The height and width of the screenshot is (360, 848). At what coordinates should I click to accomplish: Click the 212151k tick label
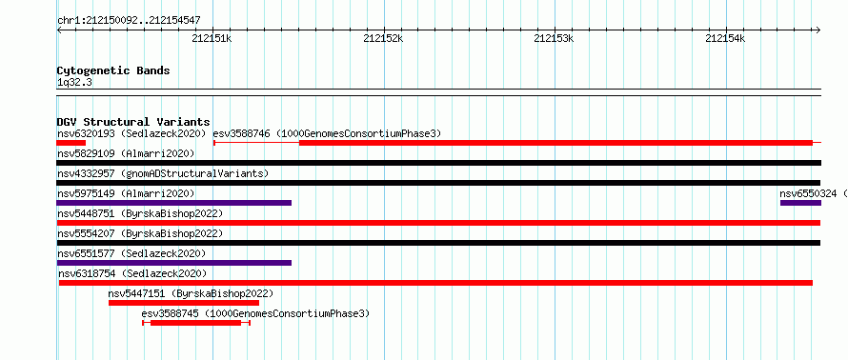point(212,38)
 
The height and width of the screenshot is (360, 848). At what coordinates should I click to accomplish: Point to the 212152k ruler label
point(383,38)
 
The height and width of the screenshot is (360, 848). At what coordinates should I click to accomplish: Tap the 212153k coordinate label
point(554,38)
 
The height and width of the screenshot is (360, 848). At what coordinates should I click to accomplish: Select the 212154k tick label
point(725,38)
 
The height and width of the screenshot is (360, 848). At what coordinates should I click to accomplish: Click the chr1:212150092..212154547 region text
point(129,21)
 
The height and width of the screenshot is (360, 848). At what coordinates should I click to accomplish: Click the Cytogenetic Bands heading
point(113,70)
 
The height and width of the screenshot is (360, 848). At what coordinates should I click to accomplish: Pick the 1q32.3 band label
point(74,82)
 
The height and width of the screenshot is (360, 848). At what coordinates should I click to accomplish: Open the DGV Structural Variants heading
point(133,122)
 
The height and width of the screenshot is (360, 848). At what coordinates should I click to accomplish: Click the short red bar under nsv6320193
point(71,143)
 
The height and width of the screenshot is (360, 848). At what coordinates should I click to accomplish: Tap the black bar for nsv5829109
point(438,163)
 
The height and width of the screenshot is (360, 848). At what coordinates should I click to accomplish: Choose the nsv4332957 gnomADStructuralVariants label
point(163,173)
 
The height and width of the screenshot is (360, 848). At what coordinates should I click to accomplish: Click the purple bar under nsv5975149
point(173,203)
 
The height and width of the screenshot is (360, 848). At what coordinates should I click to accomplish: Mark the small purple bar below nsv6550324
point(800,203)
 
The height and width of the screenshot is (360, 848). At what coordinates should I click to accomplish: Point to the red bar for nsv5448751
point(438,223)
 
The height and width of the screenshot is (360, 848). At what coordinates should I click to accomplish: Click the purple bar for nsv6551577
point(173,263)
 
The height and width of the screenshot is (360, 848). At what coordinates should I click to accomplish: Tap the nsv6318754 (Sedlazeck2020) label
point(131,273)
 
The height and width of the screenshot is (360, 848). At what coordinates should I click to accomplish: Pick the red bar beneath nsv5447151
point(184,303)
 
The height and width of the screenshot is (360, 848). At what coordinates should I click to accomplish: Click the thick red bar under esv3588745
point(195,323)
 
